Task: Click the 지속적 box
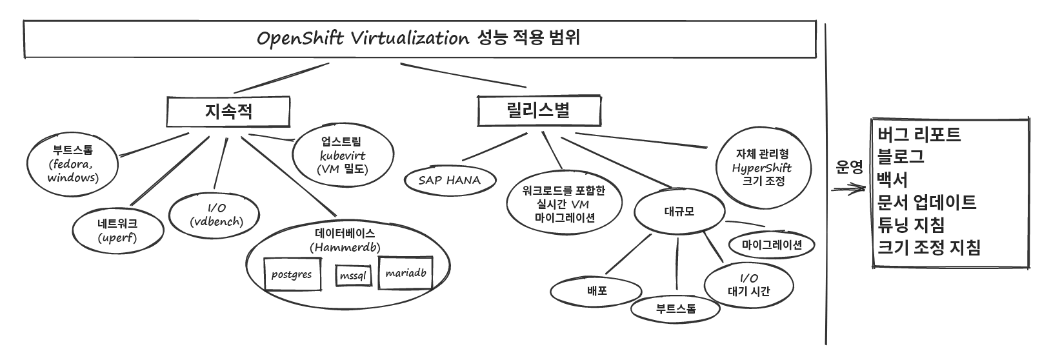[x=228, y=112]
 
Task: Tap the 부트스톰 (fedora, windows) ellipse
[x=73, y=164]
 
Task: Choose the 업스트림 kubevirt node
[x=342, y=155]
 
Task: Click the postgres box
[x=292, y=274]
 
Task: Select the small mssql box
[x=353, y=275]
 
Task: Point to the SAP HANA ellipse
[x=450, y=180]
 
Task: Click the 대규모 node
[x=679, y=211]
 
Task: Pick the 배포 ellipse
[x=597, y=291]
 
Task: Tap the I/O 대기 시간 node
[x=748, y=284]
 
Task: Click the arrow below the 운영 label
[x=848, y=190]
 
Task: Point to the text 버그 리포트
[x=919, y=134]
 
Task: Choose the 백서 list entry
[x=893, y=179]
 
